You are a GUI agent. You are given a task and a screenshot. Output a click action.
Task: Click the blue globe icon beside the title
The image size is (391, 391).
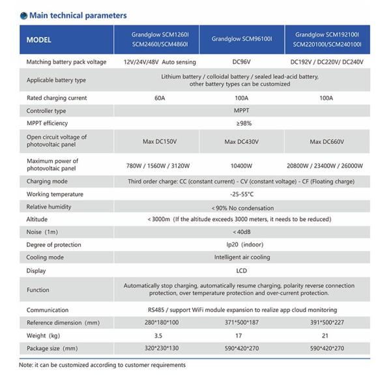pyautogui.click(x=23, y=16)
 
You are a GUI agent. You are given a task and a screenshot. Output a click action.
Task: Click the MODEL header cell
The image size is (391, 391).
pyautogui.click(x=39, y=40)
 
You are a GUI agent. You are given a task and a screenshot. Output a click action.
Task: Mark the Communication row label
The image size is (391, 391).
pyautogui.click(x=49, y=310)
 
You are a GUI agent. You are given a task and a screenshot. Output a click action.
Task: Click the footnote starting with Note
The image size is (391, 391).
pyautogui.click(x=102, y=365)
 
